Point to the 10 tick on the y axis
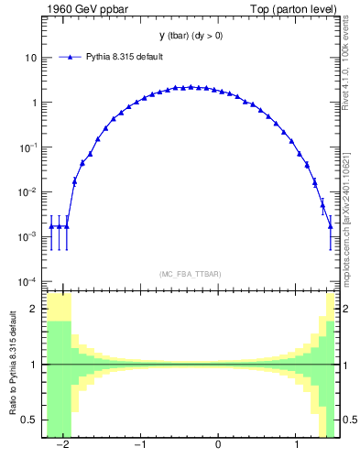pos(30,58)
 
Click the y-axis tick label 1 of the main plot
pos(33,103)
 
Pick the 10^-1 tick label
pos(28,147)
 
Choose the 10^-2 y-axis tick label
pos(28,191)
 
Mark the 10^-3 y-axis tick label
pos(28,236)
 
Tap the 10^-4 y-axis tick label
pos(28,281)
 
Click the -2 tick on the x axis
pos(62,445)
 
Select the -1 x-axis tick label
pos(140,445)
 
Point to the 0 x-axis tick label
pos(218,445)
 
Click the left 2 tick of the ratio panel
pos(35,310)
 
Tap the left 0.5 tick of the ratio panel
pos(30,420)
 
